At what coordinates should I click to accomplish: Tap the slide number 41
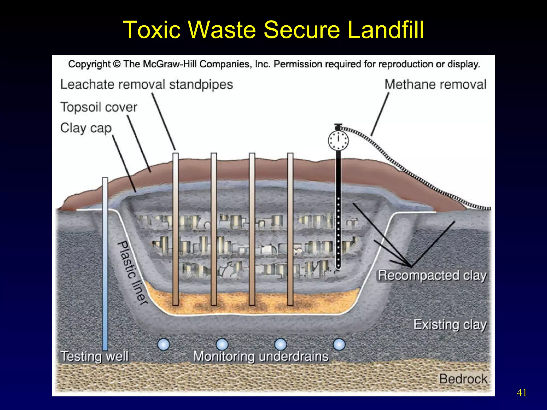tap(522, 393)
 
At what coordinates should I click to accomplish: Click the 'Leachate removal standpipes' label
tap(147, 85)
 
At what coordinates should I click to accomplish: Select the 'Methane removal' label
tap(435, 85)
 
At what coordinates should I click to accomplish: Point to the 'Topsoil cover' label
tap(99, 107)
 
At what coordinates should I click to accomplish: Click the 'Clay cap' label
tap(86, 128)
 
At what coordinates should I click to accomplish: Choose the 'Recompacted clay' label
tap(432, 275)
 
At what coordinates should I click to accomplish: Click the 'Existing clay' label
tap(450, 325)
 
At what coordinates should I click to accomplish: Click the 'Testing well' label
tap(95, 357)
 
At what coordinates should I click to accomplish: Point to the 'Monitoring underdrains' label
tap(261, 357)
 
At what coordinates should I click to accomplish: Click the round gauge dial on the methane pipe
tap(338, 140)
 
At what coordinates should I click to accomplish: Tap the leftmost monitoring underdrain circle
tap(163, 344)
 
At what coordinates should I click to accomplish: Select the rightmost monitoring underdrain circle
tap(339, 344)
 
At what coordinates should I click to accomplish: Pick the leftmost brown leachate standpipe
tap(175, 230)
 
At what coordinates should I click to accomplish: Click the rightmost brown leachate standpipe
tap(290, 230)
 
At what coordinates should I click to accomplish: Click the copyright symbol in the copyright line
tap(117, 64)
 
